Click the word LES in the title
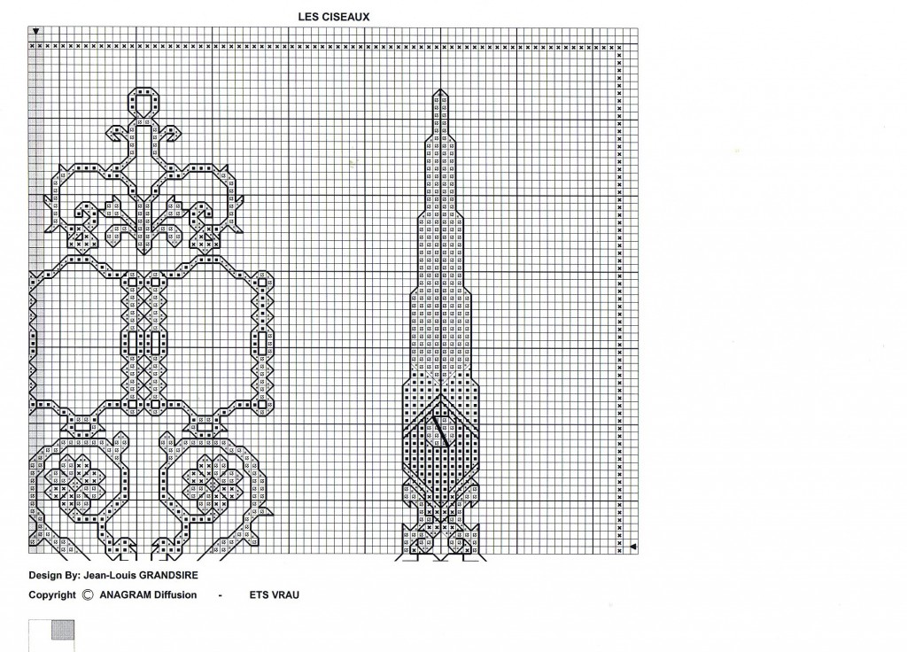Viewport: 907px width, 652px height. tap(306, 17)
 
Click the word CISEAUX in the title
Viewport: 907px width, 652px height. tap(345, 17)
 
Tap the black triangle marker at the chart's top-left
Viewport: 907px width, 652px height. tap(35, 31)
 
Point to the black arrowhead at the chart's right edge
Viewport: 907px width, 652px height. tap(632, 547)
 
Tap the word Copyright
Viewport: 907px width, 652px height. tap(52, 595)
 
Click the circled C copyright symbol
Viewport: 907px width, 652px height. tap(88, 594)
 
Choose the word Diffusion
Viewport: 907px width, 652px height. tap(175, 594)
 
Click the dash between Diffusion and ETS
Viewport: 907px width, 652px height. tap(221, 595)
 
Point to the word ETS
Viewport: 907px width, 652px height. tap(259, 594)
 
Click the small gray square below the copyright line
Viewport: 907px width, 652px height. tap(63, 630)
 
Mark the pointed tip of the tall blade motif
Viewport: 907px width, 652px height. tap(440, 89)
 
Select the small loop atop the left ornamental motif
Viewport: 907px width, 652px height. tap(143, 99)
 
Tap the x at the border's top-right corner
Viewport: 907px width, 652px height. tap(619, 48)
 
